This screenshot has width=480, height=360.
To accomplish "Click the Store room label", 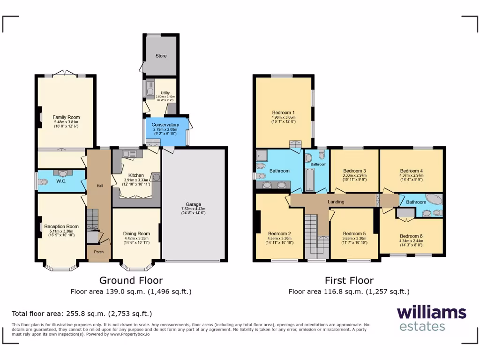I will pos(161,56).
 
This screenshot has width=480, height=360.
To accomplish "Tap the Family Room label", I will pos(66,117).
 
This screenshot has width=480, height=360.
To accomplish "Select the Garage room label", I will pos(193,204).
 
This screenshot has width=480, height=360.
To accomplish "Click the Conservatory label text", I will pos(165,125).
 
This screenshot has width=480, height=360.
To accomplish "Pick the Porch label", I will pos(99,252).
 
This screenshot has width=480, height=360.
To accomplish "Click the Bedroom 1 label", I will pos(284,112).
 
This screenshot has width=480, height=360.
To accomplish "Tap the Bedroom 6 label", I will pos(412,236).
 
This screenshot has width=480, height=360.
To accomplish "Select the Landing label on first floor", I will pos(336,202).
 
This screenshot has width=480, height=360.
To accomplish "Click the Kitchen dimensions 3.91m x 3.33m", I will pos(136,180).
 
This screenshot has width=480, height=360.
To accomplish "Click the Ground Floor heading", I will pos(131,280).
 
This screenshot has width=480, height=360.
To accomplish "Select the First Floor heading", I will pos(349,280).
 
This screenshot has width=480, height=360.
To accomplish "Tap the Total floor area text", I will pos(82,314).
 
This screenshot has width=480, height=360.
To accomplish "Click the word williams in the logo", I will pos(431,313).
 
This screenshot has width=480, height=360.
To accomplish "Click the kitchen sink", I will pos(127,153).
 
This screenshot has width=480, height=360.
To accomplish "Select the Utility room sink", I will pos(150,88).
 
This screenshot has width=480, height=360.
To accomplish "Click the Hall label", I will pos(100,186).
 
